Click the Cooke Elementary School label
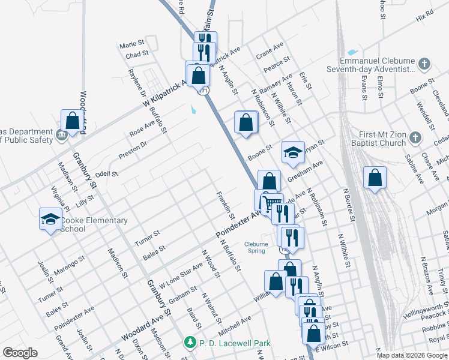tap(94, 224)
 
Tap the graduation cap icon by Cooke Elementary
tap(50, 220)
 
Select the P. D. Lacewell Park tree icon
tap(190, 343)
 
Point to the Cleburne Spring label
tap(260, 247)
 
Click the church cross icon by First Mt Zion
tap(415, 139)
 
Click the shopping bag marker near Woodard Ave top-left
tap(72, 121)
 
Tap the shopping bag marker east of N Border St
tap(375, 178)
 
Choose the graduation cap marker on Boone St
tap(294, 152)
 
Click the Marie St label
tap(132, 44)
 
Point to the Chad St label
tap(137, 55)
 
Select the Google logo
tap(20, 353)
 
